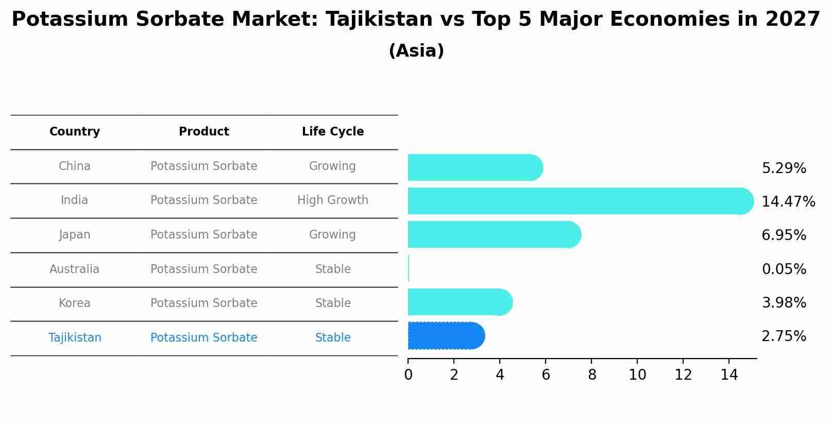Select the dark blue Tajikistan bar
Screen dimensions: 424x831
[x=446, y=336]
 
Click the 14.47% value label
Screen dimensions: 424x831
[x=788, y=201]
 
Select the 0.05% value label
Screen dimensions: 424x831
[x=784, y=269]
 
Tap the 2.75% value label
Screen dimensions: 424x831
[x=784, y=336]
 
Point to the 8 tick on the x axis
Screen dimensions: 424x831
[x=591, y=375]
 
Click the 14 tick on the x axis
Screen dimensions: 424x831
[x=729, y=375]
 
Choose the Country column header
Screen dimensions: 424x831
[x=75, y=132]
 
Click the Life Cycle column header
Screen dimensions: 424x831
[x=333, y=132]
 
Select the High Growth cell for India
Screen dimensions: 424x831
[x=333, y=200]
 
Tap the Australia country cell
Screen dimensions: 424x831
[x=75, y=269]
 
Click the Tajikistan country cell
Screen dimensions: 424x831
[x=75, y=338]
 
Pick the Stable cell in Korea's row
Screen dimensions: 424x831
[x=333, y=303]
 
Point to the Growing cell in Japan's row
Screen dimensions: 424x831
[x=332, y=235]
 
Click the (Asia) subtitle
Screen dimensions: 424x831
[x=416, y=51]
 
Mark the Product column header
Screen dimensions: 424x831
[x=204, y=132]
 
